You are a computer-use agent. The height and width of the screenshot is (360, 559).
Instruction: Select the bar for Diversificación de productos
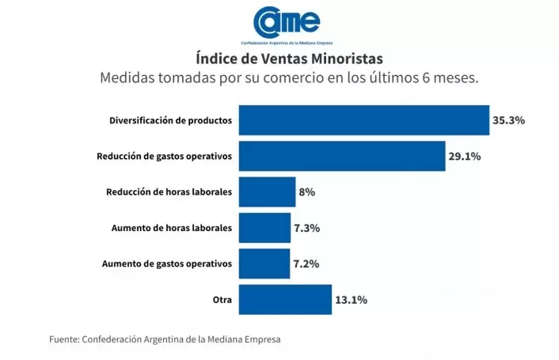[x=363, y=121]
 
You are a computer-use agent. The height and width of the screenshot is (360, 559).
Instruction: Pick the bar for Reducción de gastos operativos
[x=341, y=157]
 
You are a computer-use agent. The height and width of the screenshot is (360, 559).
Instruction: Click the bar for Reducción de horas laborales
[x=267, y=192]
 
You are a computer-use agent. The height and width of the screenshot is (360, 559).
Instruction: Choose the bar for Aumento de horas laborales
[x=264, y=228]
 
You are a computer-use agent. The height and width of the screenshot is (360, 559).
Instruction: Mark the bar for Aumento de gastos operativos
[x=264, y=263]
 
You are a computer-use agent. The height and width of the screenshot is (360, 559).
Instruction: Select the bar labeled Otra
[x=285, y=299]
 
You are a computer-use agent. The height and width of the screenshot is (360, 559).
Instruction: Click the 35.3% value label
[x=509, y=121]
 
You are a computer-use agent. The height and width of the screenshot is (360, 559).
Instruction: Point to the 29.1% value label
[x=465, y=157]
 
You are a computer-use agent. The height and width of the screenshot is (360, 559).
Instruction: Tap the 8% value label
[x=307, y=192]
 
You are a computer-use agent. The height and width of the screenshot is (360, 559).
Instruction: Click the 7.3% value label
[x=306, y=228]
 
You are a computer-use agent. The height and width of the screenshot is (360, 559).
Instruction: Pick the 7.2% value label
[x=306, y=263]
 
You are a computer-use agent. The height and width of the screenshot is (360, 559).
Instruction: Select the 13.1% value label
[x=352, y=300]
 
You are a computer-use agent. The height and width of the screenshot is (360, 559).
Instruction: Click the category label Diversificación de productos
[x=170, y=121]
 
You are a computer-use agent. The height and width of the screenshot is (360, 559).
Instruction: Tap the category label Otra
[x=222, y=299]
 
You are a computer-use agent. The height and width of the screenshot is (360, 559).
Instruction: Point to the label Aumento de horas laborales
[x=168, y=228]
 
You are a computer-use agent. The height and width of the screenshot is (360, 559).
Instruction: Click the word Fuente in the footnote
[x=63, y=339]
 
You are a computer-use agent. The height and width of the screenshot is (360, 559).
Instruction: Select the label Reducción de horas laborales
[x=169, y=192]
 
